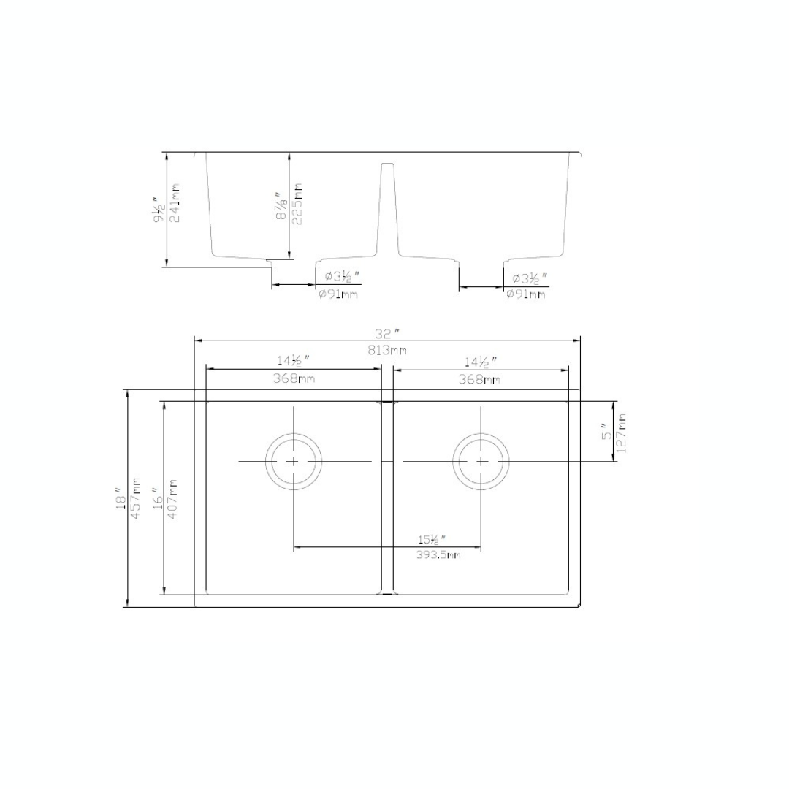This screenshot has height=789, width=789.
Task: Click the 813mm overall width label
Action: (387, 350)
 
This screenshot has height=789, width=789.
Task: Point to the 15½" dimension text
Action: (431, 540)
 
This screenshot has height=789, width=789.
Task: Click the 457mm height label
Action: (136, 498)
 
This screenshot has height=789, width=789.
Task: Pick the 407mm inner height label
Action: (173, 498)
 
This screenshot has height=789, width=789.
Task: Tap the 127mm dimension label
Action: (621, 432)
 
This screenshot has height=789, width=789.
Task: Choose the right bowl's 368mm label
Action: (479, 378)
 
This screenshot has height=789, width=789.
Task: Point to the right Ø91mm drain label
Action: (526, 294)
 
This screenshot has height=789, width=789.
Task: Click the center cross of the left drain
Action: (293, 461)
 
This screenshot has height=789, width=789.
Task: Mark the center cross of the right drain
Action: (481, 461)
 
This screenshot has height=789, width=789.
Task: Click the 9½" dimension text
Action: (158, 208)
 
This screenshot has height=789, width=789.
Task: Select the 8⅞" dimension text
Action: (281, 205)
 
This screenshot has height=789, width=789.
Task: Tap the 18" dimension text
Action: (121, 498)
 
